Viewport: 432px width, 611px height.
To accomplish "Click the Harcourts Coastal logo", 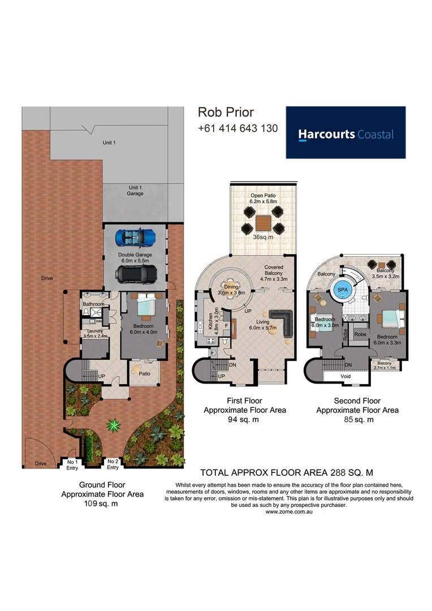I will click(345, 133).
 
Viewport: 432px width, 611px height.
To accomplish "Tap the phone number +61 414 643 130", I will click(237, 128).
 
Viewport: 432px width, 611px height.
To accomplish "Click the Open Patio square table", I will click(262, 221).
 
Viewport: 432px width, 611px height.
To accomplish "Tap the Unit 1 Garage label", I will click(135, 190).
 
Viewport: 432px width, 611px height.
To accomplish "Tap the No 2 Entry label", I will click(113, 464).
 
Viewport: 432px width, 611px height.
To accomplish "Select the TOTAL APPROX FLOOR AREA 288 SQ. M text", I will click(287, 472).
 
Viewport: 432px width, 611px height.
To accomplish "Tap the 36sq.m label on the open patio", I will click(262, 237).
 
